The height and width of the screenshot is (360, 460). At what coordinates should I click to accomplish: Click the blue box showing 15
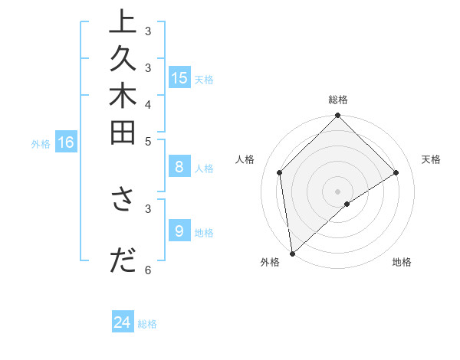[179, 77]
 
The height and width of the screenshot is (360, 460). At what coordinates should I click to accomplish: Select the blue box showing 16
[66, 142]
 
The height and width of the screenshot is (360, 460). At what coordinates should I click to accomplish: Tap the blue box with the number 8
[179, 167]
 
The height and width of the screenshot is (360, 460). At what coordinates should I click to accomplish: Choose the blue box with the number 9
[179, 231]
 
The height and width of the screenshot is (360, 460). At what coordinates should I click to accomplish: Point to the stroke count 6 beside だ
[148, 270]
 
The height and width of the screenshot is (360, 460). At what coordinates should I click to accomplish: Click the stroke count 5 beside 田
[148, 141]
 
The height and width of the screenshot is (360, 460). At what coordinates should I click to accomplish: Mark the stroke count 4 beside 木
[148, 104]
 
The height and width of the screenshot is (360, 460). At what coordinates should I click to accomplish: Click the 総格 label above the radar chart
[338, 100]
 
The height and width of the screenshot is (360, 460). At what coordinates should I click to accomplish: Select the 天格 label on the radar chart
[431, 159]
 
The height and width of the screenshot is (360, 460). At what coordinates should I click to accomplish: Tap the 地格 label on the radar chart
[402, 262]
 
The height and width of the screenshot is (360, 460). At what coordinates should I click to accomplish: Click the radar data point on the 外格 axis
[292, 254]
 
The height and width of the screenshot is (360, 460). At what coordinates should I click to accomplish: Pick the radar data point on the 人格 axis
[280, 172]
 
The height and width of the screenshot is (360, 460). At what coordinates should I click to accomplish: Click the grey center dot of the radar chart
[337, 191]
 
